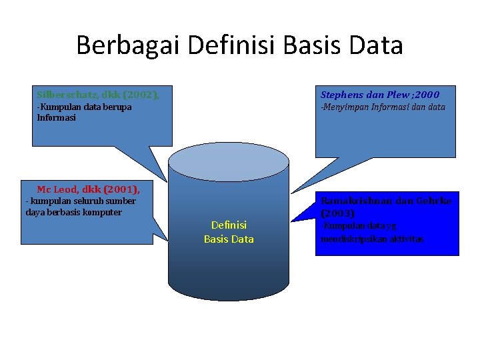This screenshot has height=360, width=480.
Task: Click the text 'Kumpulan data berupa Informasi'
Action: tap(83, 112)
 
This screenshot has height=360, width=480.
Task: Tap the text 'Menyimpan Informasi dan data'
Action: tap(383, 107)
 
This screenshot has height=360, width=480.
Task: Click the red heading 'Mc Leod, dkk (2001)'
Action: tap(88, 189)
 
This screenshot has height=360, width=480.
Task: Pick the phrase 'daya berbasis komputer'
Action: tap(73, 212)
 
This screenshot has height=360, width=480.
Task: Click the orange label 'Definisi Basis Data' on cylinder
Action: tap(229, 232)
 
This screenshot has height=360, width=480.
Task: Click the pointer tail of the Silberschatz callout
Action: tap(157, 164)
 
